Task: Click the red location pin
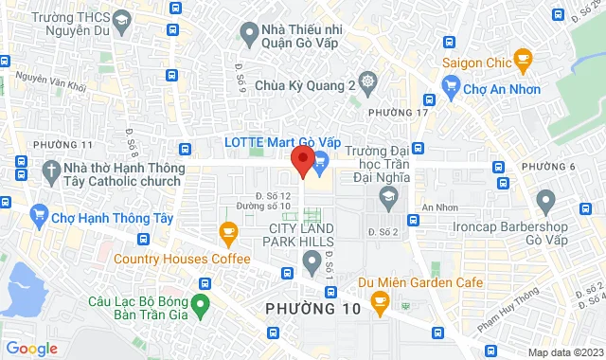pyautogui.click(x=302, y=160)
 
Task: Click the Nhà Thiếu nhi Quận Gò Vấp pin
pyautogui.click(x=248, y=35)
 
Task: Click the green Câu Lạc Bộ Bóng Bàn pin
pyautogui.click(x=200, y=305)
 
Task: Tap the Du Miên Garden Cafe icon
pyautogui.click(x=380, y=303)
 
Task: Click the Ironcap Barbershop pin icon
pyautogui.click(x=544, y=201)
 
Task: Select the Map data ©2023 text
pyautogui.click(x=565, y=352)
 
